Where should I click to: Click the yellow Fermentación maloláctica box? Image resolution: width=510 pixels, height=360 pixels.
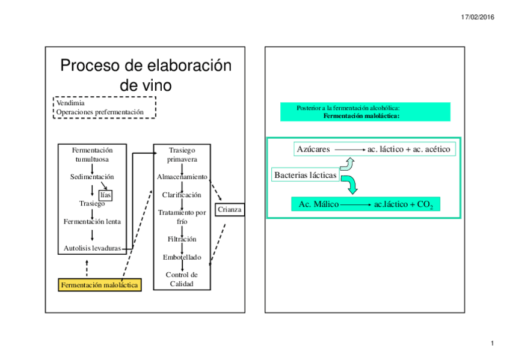point(100,285)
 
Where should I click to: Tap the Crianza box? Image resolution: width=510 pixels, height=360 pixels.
point(229,209)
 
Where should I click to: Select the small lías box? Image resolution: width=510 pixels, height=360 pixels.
point(106,194)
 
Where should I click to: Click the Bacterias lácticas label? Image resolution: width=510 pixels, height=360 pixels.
point(305,175)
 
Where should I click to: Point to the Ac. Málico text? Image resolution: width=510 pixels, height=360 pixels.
point(318,204)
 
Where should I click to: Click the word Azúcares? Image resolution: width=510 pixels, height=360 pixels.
point(313,149)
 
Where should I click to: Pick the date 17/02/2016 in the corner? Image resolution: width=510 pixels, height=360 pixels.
point(478,17)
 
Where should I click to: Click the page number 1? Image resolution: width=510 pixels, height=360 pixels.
point(492,343)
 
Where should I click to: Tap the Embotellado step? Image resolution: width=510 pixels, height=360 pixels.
point(182,257)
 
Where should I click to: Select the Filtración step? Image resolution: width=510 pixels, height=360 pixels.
point(182,239)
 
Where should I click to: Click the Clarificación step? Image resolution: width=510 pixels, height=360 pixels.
point(182,195)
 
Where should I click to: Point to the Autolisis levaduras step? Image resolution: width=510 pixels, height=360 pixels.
point(92,248)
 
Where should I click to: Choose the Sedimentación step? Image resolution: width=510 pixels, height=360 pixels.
point(92,177)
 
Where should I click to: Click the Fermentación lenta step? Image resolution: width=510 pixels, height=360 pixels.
point(92,221)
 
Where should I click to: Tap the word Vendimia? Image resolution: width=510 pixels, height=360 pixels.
point(70,103)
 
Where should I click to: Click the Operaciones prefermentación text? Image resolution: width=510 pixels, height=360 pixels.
point(100,112)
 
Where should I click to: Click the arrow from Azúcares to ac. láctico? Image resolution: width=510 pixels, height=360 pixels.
point(349,149)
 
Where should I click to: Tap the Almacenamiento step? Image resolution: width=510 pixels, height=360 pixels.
point(182,177)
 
